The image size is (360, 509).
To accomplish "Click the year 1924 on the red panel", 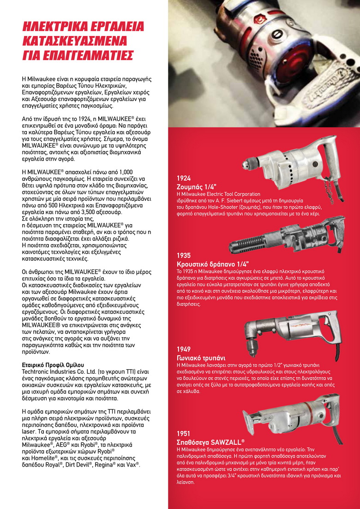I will click(184, 178).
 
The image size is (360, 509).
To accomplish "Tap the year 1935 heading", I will click(184, 255).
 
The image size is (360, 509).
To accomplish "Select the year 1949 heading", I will click(184, 349).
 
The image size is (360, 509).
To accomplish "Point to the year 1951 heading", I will click(184, 433).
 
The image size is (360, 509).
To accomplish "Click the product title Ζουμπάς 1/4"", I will click(197, 187).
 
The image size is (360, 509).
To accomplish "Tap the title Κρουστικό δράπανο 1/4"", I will click(213, 263).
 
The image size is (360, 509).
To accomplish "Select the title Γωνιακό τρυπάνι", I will click(201, 358).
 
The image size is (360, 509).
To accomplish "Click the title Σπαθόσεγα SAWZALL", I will click(210, 442).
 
